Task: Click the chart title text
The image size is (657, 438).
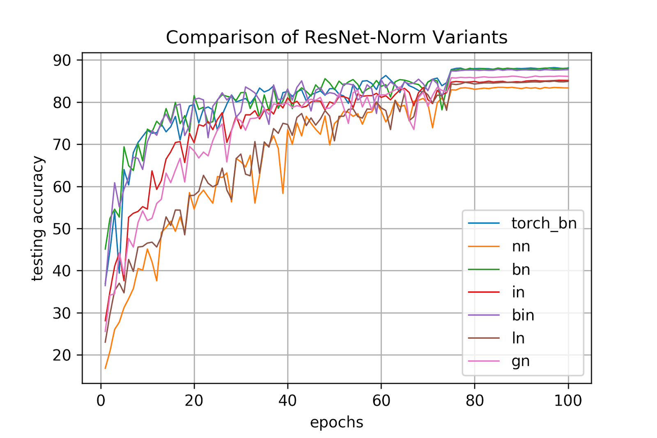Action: (x=336, y=37)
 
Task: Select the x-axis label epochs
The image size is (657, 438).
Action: (x=336, y=422)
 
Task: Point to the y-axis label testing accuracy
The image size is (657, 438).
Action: (x=38, y=218)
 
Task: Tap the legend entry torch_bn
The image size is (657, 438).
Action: (x=544, y=223)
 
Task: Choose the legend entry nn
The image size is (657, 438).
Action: (x=521, y=246)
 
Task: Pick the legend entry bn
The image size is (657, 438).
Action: (x=521, y=269)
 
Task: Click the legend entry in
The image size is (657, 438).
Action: (x=518, y=292)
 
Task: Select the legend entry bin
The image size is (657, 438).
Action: (x=523, y=315)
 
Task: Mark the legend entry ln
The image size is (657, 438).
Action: (x=518, y=338)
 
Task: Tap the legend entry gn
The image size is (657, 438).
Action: (x=521, y=361)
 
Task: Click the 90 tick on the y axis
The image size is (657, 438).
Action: (x=62, y=60)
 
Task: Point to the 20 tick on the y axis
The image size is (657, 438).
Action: (x=62, y=355)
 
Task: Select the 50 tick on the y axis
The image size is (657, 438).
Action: (x=62, y=229)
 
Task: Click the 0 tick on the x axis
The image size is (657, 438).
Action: (x=101, y=400)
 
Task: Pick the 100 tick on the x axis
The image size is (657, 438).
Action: (x=568, y=400)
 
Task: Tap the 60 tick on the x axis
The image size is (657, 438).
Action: (x=381, y=400)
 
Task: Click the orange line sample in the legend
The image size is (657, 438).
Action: (x=484, y=246)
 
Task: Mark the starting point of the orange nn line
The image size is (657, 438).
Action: (x=106, y=368)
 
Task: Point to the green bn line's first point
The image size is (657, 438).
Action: (x=106, y=249)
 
